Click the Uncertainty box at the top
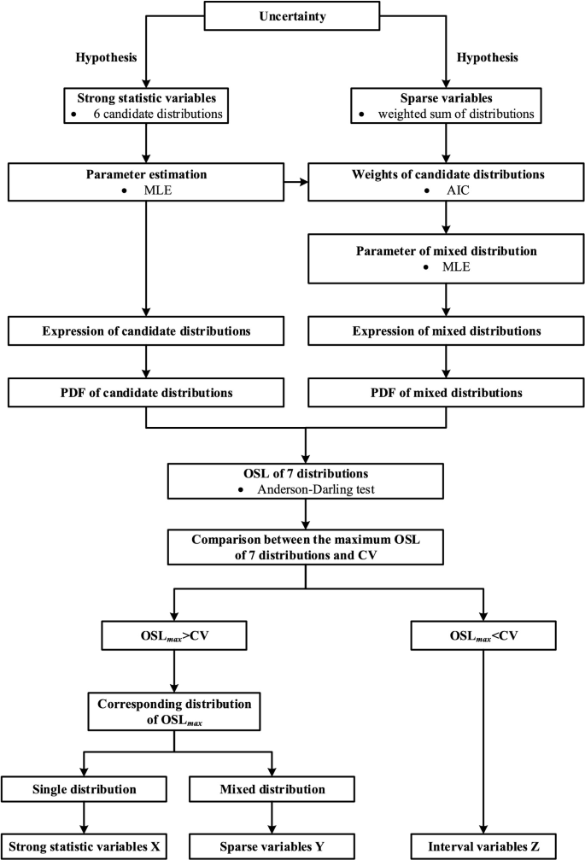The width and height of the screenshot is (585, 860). [x=292, y=16]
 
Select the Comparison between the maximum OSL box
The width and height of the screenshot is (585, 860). [x=305, y=546]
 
